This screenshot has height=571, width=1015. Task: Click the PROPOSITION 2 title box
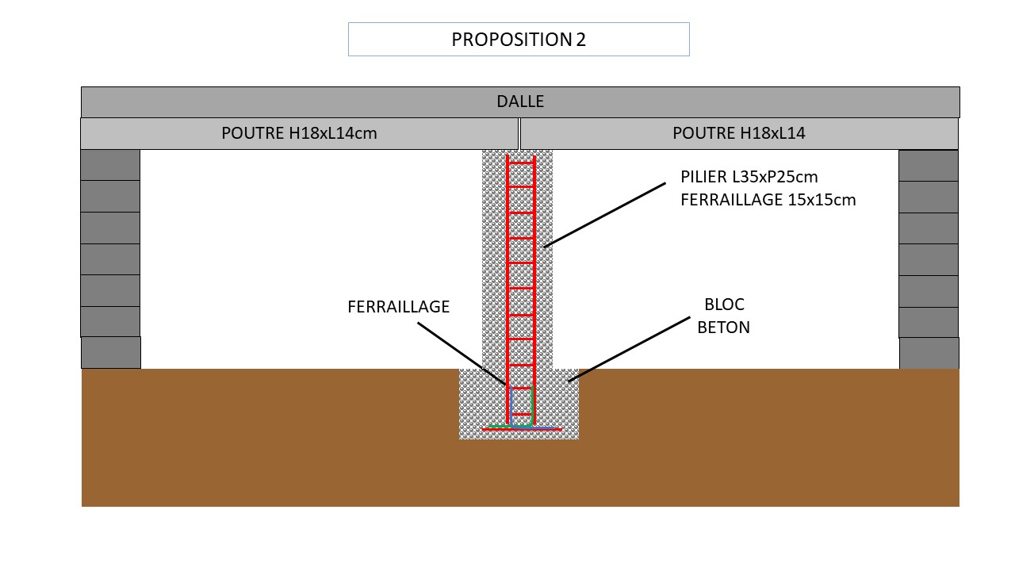pyautogui.click(x=519, y=40)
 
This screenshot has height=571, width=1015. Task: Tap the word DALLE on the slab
pyautogui.click(x=520, y=102)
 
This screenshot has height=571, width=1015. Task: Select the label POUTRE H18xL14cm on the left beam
pyautogui.click(x=299, y=133)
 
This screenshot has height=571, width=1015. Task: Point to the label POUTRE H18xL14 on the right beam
pyautogui.click(x=738, y=133)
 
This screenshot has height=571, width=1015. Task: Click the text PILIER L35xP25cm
pyautogui.click(x=749, y=177)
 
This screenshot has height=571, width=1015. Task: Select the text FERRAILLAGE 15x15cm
pyautogui.click(x=768, y=200)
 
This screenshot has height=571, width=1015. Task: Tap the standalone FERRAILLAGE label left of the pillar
pyautogui.click(x=398, y=307)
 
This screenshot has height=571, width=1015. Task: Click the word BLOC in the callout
pyautogui.click(x=724, y=305)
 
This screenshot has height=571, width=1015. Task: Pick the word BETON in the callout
pyautogui.click(x=723, y=327)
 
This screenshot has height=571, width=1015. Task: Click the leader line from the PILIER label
pyautogui.click(x=604, y=215)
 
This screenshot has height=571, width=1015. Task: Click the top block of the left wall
pyautogui.click(x=110, y=165)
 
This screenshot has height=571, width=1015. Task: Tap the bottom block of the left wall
pyautogui.click(x=111, y=352)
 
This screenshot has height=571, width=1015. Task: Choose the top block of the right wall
pyautogui.click(x=928, y=165)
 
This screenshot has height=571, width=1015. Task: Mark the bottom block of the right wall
pyautogui.click(x=929, y=353)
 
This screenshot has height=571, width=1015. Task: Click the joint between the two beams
pyautogui.click(x=519, y=133)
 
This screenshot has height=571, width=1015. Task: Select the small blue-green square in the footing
pyautogui.click(x=521, y=401)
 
